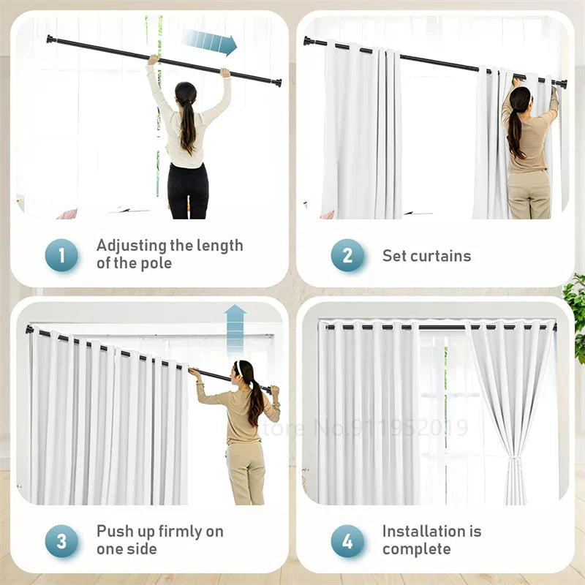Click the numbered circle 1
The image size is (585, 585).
coord(61,255)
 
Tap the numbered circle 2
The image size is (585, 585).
coord(347,255)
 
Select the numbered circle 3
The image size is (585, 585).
coord(61,541)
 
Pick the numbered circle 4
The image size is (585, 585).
coord(347,541)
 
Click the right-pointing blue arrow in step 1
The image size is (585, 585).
coord(210,42)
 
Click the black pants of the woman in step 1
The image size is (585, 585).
coord(188,191)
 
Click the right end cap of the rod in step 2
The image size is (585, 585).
coord(562,84)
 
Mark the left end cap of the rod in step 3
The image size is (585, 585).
coord(29,330)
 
